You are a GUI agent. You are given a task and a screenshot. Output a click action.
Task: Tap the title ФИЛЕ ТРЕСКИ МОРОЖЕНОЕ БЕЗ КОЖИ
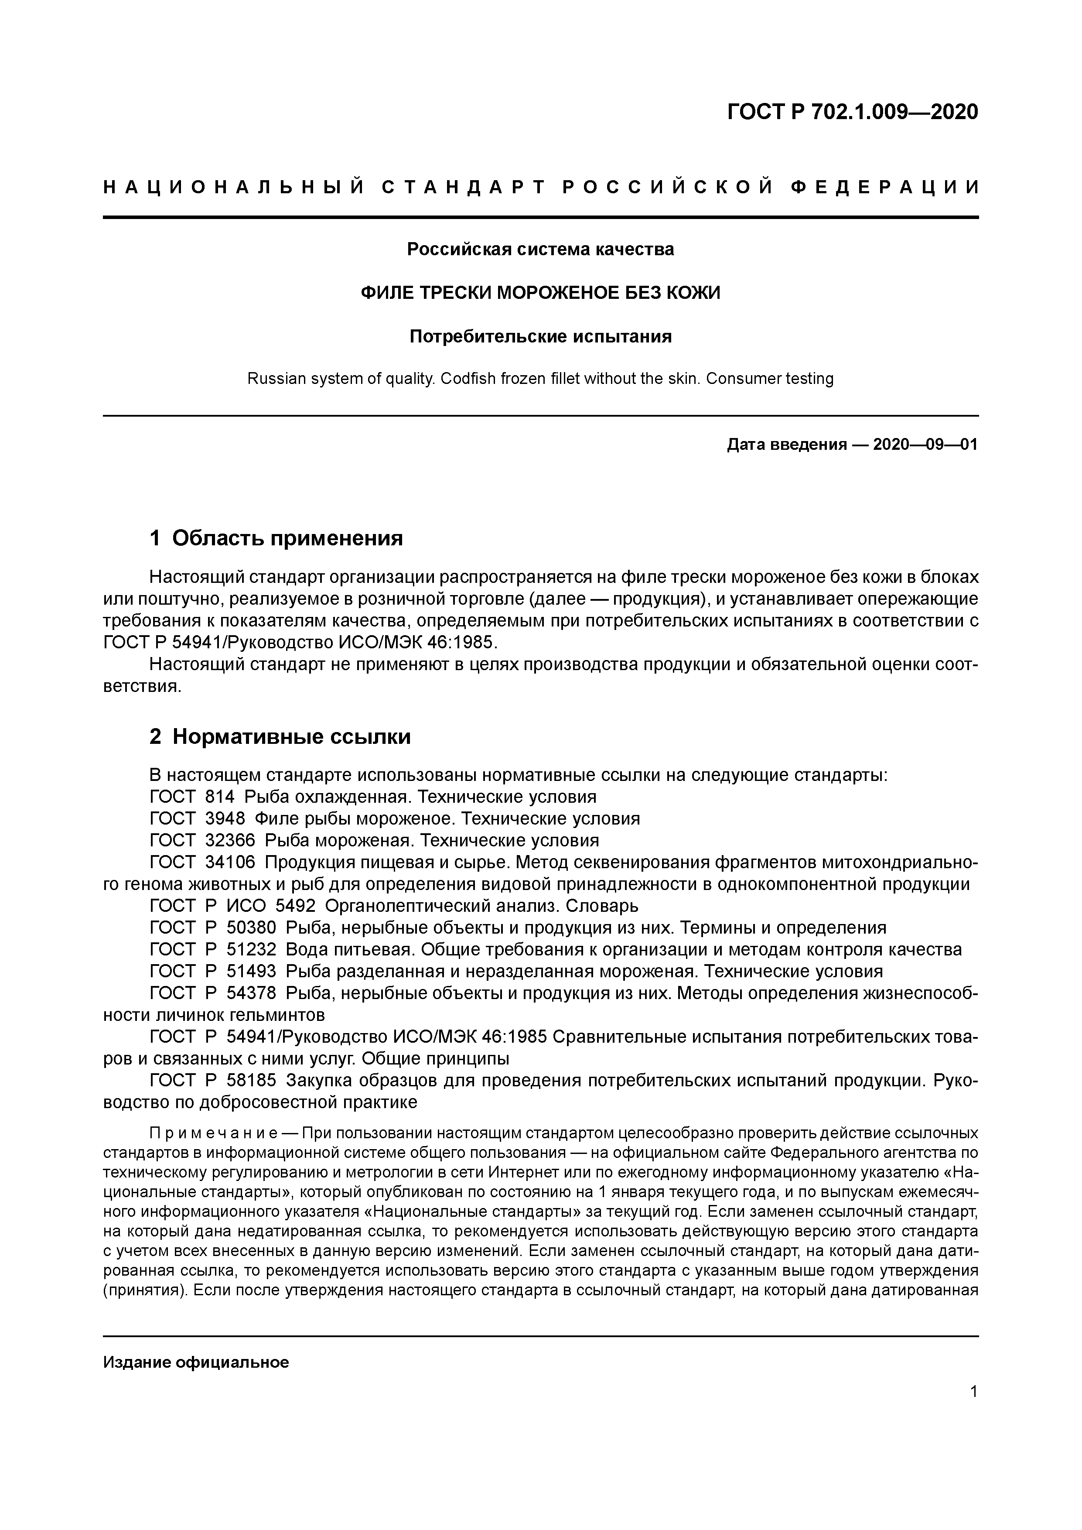(540, 293)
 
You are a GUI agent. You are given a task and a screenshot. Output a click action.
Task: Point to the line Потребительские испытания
(540, 336)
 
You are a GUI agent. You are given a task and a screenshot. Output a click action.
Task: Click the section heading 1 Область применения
(276, 538)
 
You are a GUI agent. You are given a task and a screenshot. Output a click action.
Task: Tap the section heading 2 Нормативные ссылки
(280, 736)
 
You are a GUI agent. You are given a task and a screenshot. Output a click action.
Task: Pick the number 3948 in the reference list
(225, 818)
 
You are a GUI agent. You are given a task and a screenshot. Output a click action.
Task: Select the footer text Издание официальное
(196, 1362)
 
